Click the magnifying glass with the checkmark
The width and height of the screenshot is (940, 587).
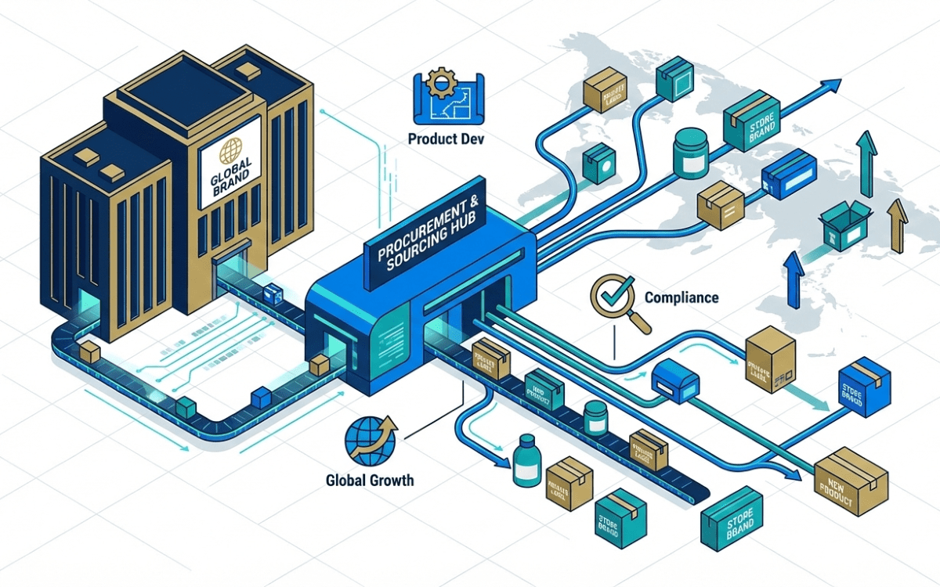point(615,299)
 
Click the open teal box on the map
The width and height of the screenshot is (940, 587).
point(844,224)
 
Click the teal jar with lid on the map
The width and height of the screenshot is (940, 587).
point(690,151)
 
